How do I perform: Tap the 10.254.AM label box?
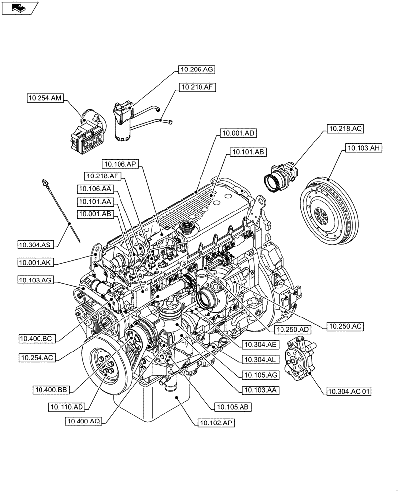(x=45, y=99)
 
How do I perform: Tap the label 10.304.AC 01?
(x=349, y=392)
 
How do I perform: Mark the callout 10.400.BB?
(x=52, y=390)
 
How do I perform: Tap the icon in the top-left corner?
(x=19, y=7)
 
